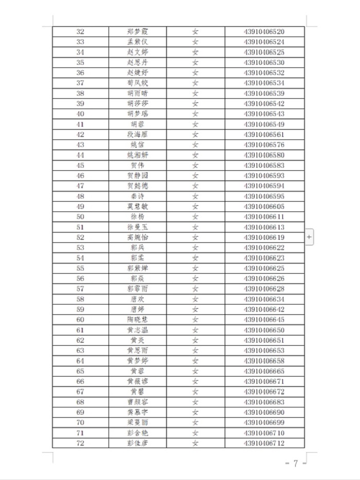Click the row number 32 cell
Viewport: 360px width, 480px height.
(x=80, y=32)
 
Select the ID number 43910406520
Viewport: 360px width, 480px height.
(x=264, y=32)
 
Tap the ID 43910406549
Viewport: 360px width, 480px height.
(x=264, y=125)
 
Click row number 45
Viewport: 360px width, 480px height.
(x=80, y=166)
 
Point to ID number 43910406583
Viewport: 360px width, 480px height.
(x=264, y=166)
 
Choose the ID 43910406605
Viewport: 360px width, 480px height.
(x=264, y=207)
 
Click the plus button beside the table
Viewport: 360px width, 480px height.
(x=309, y=237)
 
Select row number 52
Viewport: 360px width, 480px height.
(x=80, y=238)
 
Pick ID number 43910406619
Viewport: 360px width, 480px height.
(x=264, y=238)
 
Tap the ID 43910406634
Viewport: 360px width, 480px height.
(x=264, y=299)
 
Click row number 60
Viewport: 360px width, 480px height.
(x=80, y=320)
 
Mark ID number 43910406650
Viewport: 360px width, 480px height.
(x=264, y=330)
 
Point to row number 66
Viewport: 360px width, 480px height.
(x=80, y=382)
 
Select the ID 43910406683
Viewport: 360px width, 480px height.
(x=264, y=402)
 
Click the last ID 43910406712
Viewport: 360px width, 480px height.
(x=264, y=443)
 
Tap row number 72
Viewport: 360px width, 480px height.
(x=80, y=443)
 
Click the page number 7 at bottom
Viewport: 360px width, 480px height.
(x=296, y=464)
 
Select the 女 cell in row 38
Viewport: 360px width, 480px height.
(x=195, y=94)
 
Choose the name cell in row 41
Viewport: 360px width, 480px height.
(x=137, y=125)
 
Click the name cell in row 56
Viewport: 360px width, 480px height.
(x=137, y=279)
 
